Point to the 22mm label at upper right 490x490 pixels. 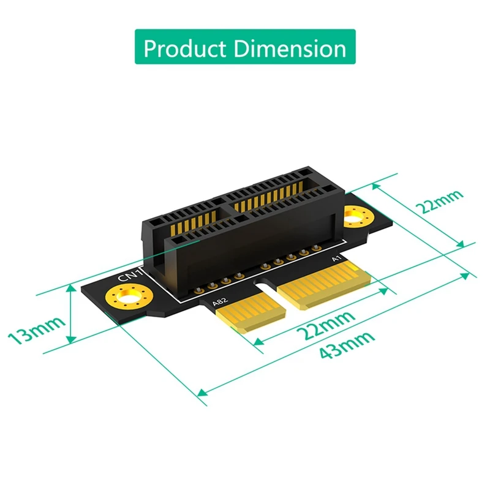pyautogui.click(x=439, y=202)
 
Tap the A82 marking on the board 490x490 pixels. pyautogui.click(x=219, y=301)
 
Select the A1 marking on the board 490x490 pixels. pyautogui.click(x=336, y=260)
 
